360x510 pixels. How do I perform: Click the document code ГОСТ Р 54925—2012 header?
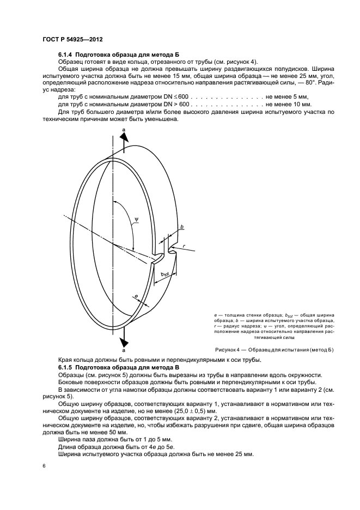(x=73, y=40)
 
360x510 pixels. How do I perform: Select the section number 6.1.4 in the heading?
(x=66, y=55)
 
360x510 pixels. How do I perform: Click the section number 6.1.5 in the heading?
(x=66, y=368)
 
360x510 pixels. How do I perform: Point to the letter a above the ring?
(x=124, y=128)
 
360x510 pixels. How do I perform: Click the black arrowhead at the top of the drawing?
(x=124, y=137)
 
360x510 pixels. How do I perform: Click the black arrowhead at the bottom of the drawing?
(x=125, y=341)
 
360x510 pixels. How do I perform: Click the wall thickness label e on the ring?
(x=136, y=297)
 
